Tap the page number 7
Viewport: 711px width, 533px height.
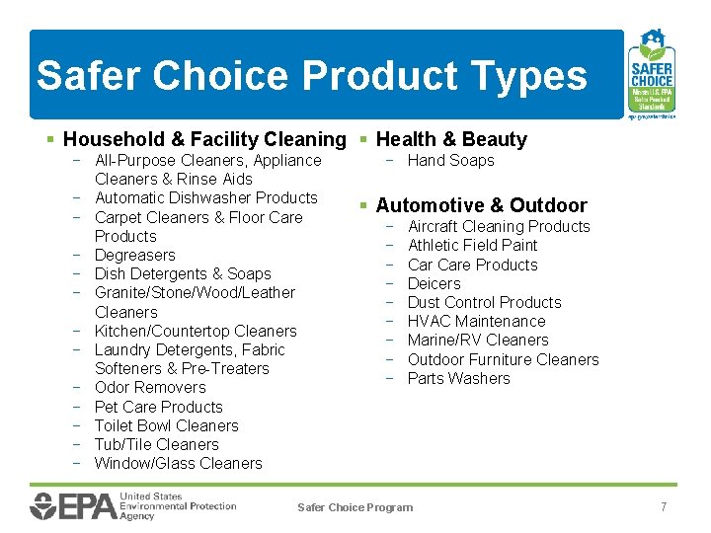tap(664, 506)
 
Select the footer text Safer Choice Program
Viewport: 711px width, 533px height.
tap(355, 507)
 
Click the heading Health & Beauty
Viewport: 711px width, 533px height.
tap(451, 140)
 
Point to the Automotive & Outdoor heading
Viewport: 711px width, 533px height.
tap(481, 205)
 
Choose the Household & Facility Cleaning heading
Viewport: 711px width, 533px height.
tap(204, 140)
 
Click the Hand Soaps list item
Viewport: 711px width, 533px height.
tap(450, 160)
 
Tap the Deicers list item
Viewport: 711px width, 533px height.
tap(434, 283)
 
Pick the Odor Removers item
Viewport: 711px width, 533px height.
tap(150, 387)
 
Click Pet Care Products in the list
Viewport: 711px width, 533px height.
tap(158, 407)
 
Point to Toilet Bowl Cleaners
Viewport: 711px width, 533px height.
tap(166, 425)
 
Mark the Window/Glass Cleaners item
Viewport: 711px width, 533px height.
tap(178, 463)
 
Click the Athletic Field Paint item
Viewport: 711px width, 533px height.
tap(472, 245)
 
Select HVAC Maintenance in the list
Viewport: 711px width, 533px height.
tap(476, 321)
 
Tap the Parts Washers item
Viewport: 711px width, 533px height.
tap(458, 378)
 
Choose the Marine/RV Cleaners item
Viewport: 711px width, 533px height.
tap(477, 340)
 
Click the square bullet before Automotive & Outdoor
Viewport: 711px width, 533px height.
tap(364, 205)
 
